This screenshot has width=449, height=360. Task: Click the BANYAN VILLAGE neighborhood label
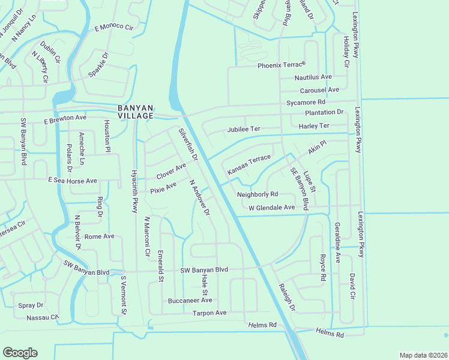[135, 111]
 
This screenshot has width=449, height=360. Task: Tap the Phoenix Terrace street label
[282, 65]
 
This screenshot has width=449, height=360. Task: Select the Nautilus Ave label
[313, 77]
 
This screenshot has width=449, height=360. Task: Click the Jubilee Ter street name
[244, 130]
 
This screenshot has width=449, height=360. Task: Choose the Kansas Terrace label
[249, 165]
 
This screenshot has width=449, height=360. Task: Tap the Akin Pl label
[317, 148]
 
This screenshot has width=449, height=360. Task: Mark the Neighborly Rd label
[258, 194]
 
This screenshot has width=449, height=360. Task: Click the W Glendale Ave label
[272, 208]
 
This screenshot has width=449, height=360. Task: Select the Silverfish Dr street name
[188, 145]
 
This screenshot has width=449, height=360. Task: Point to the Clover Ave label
[172, 171]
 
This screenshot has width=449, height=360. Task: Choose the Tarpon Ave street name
[209, 313]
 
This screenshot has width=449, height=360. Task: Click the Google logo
[20, 353]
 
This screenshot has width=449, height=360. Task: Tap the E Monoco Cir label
[113, 28]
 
